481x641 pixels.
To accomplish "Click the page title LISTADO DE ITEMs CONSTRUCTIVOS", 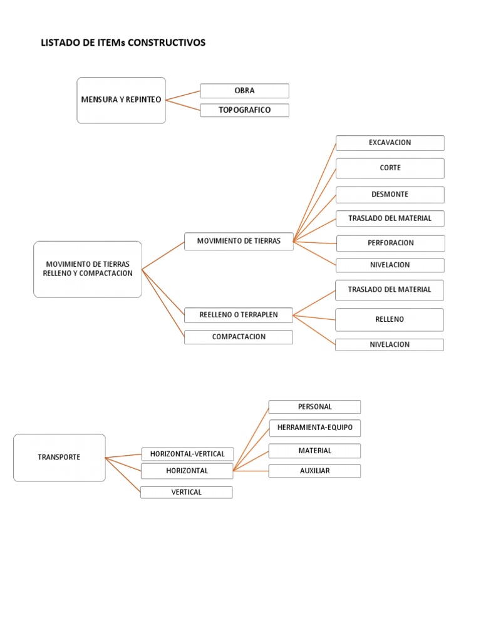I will coord(123,43).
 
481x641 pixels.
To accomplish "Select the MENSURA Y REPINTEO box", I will coord(122,100).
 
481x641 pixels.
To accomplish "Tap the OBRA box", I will coord(244,91).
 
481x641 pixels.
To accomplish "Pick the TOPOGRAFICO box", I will coord(244,110).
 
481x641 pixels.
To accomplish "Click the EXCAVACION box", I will coord(390,143).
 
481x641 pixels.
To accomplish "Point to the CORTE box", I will coord(390,168).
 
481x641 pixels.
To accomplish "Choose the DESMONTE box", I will coord(390,195).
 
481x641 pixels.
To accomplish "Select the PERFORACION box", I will coord(390,243).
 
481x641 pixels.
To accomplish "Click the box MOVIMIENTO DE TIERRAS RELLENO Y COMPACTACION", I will coord(88,269).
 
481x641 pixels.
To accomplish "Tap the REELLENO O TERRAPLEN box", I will coord(238,315).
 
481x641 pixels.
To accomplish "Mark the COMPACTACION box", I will coord(238,337).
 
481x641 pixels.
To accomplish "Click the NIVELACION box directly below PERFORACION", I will coord(390,265).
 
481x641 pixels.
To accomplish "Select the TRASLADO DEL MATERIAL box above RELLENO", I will coord(390,290).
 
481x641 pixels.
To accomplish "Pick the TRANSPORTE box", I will coord(59,458).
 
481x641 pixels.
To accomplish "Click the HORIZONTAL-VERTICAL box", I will coord(187,454).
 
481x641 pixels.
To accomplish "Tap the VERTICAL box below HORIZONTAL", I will coord(186,492).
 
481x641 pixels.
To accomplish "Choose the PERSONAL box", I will coord(314,407).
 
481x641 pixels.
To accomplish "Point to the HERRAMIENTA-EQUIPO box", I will coord(314,428).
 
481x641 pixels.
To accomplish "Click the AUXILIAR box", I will coord(314,471).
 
